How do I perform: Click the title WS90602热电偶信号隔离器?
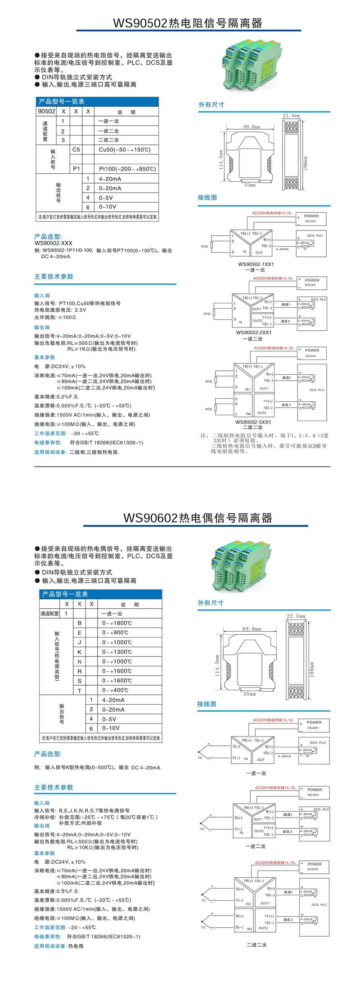198,518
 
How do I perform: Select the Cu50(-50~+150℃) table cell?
125,150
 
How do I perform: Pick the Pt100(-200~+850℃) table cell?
127,169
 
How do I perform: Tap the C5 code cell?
76,150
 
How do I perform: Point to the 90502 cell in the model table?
46,111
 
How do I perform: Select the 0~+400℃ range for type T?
115,690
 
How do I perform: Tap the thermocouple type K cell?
80,652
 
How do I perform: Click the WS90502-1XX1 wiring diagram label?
256,264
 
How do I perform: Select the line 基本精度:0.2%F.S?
57,397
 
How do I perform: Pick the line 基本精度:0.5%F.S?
57,891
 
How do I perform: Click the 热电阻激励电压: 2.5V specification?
60,310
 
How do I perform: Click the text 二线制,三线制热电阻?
94,452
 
